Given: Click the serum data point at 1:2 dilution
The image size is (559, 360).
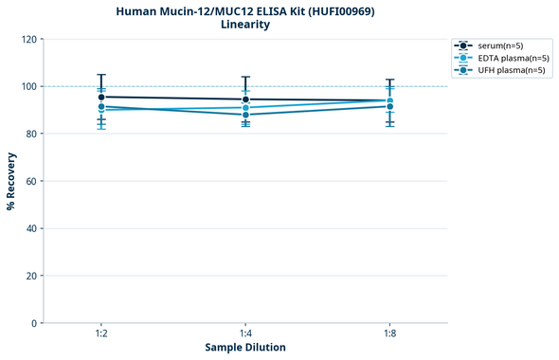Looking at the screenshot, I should pos(101,97).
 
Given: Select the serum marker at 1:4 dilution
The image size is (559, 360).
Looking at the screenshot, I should pos(245,99).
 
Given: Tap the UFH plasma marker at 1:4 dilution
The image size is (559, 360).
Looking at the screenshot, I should pos(245,115).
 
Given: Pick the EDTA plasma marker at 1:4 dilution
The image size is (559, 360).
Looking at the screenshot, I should pos(245,107).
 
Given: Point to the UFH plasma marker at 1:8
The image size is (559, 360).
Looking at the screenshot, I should pos(389,106).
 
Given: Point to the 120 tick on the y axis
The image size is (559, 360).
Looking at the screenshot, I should pos(28,39).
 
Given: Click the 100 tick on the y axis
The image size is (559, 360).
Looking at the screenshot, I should pos(28,86).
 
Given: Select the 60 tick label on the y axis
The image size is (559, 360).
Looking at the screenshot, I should pos(31,181).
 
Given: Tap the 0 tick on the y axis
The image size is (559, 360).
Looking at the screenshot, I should pos(34,323).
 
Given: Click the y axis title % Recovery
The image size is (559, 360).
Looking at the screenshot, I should pos(11,181).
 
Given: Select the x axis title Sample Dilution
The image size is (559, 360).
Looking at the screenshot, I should pos(245,348).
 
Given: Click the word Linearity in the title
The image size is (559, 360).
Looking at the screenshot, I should pos(245,25).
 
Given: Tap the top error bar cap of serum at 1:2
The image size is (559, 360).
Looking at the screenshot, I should pos(101,74).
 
